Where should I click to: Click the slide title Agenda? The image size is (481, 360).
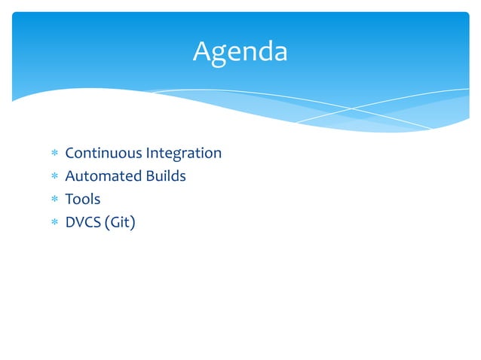(240, 52)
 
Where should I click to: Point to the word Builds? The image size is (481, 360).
(165, 176)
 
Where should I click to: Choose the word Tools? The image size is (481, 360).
(82, 200)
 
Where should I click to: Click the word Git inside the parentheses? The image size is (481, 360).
(120, 222)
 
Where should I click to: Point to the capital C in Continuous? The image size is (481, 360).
(70, 154)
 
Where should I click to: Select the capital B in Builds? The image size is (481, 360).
(149, 176)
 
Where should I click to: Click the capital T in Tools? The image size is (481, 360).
(69, 200)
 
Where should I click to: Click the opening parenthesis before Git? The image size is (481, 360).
(108, 223)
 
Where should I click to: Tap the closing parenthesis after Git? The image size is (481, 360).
(133, 223)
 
